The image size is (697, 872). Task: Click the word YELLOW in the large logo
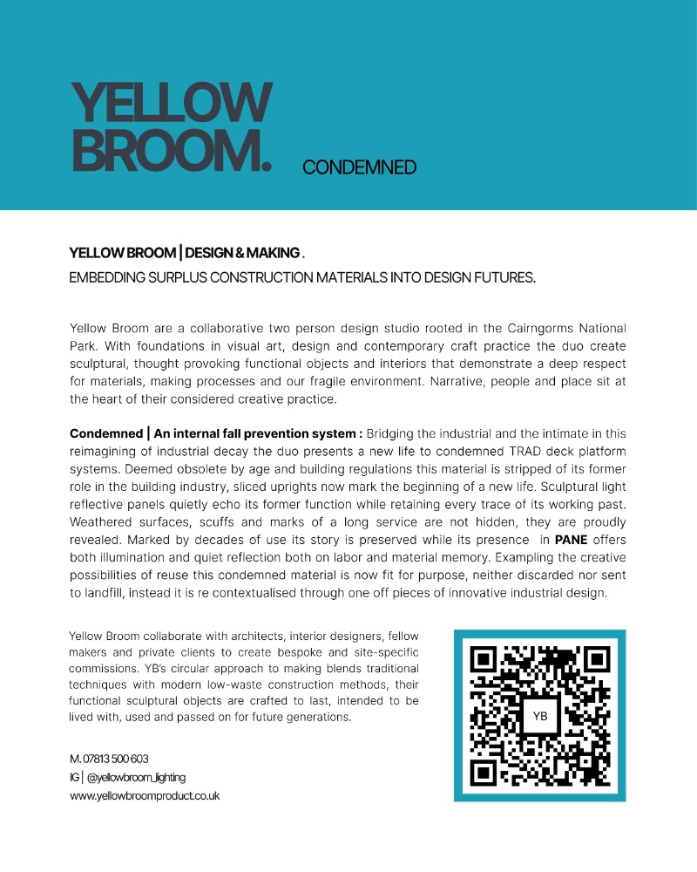171,103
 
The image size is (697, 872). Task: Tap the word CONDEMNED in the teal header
360,167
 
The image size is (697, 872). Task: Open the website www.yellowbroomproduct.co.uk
145,795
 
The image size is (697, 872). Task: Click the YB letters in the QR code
540,715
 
